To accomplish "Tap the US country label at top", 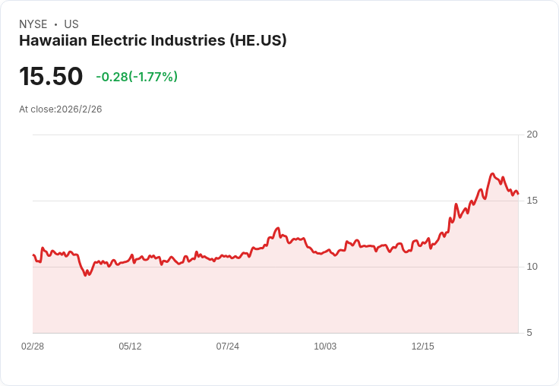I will tap(71, 24).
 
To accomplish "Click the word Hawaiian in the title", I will tap(51, 41).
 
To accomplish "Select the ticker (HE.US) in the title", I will tap(257, 41).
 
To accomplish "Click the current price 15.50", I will tap(51, 77).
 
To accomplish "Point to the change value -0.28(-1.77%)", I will tap(137, 77).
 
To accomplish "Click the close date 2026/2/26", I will tap(79, 109).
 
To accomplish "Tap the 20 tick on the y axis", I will tap(532, 134).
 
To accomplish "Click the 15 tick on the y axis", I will tap(532, 201).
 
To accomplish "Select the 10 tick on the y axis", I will tap(532, 267).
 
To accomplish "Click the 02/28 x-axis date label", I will tap(33, 346).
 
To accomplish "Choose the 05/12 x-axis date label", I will tap(130, 346).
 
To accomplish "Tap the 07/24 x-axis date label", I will tap(227, 346).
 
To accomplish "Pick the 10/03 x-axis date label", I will tap(325, 346).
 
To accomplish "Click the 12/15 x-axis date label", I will tap(422, 346).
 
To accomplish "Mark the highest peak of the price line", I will tap(492, 174).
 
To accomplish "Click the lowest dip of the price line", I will tap(86, 275).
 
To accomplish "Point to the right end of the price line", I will tap(518, 194).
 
